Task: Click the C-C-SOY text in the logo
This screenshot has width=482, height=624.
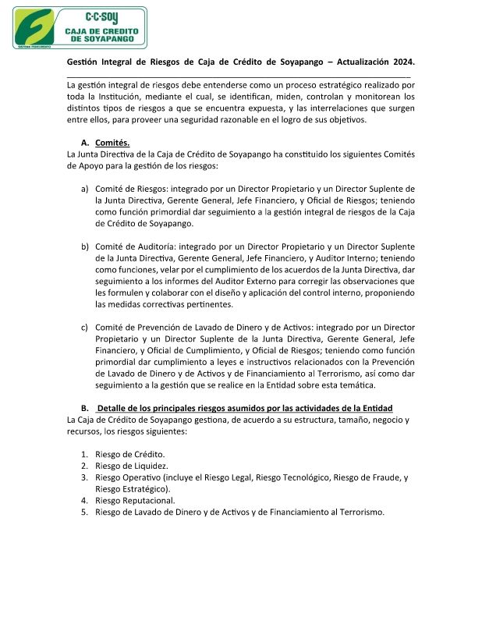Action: coord(103,16)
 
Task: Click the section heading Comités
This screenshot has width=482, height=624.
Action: coord(112,143)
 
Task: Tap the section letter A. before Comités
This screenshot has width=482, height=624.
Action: coord(85,143)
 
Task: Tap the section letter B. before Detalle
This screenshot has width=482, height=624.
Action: coord(85,408)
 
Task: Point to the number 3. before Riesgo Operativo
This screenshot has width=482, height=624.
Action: coord(85,477)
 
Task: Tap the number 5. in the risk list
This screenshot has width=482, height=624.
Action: coord(85,512)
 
